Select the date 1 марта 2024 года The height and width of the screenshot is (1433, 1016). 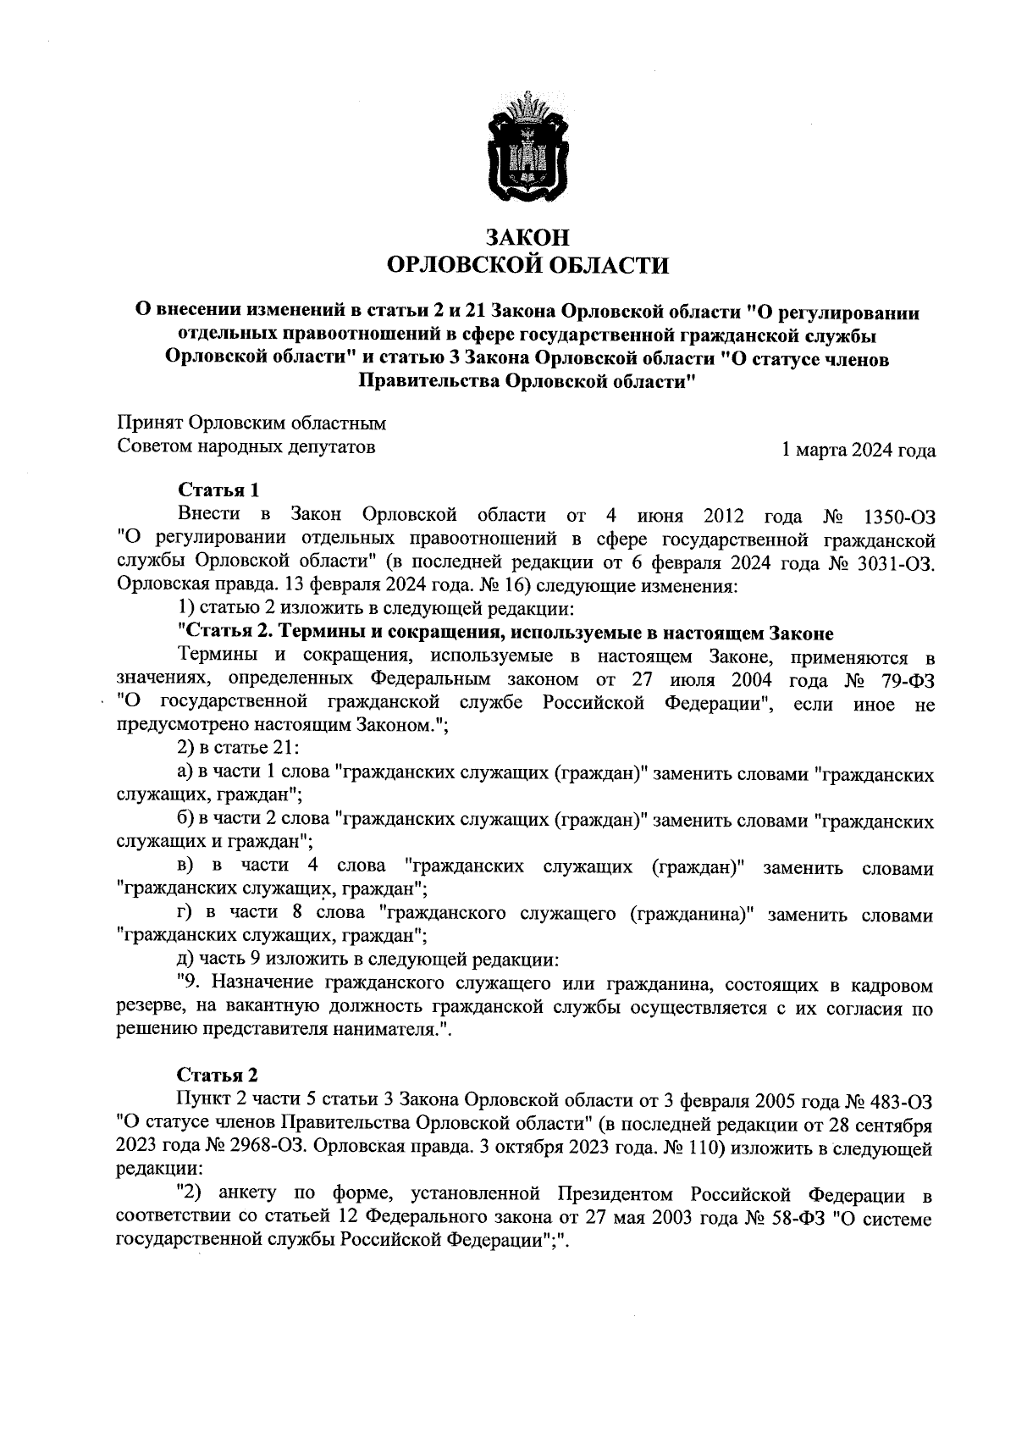tap(859, 451)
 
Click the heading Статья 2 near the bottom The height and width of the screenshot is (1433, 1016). tap(218, 1076)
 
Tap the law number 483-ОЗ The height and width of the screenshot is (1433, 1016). tap(901, 1101)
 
